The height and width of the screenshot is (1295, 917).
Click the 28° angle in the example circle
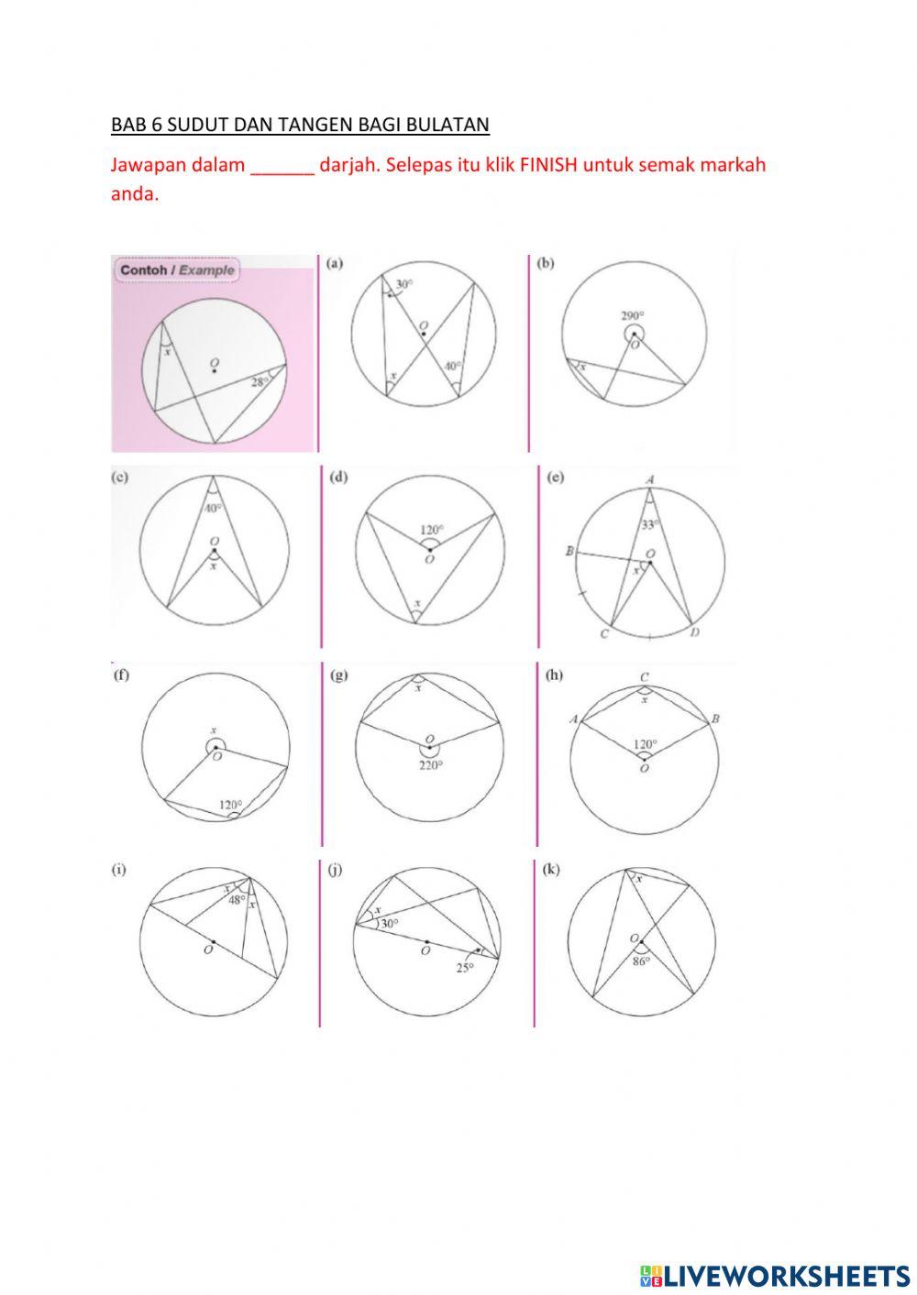point(260,382)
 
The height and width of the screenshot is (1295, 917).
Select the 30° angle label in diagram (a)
point(403,284)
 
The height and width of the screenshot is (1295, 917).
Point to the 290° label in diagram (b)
point(634,316)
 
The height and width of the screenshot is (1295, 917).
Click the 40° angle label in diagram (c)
point(213,508)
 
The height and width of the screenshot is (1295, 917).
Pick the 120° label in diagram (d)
point(431,530)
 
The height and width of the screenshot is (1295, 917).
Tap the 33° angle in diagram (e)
point(649,525)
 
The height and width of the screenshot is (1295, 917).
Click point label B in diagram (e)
point(569,552)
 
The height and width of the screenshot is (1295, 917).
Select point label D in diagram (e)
point(694,633)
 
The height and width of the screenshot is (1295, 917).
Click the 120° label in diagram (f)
point(229,805)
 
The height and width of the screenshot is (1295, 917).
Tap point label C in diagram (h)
point(645,677)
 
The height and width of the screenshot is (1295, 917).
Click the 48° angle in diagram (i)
point(237,900)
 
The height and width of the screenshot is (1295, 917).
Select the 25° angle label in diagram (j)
point(465,967)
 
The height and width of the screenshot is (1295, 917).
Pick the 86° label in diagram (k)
point(640,961)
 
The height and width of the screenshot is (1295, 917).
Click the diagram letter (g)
point(338,675)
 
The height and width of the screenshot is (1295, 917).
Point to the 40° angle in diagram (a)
point(452,366)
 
